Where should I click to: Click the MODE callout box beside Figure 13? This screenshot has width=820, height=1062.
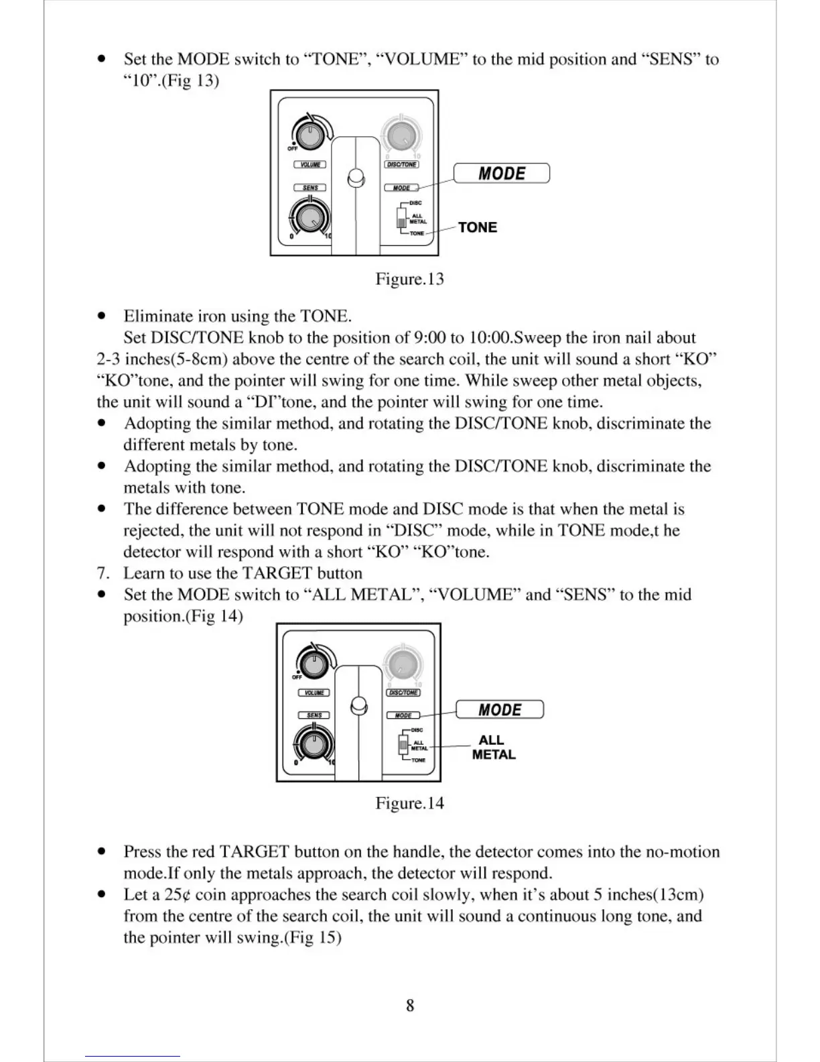[x=502, y=173]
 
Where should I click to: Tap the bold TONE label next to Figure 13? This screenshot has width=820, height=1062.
[x=478, y=227]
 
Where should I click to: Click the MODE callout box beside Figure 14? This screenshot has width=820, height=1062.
[x=500, y=709]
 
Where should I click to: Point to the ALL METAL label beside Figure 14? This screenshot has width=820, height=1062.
[x=494, y=747]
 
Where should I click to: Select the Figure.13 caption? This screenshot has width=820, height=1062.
[x=409, y=279]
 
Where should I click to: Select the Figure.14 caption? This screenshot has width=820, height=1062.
[x=409, y=803]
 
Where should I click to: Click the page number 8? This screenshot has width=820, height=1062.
[x=410, y=1005]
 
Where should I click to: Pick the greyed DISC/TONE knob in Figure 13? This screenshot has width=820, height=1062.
[x=402, y=135]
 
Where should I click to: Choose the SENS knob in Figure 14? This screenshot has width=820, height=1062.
[x=312, y=744]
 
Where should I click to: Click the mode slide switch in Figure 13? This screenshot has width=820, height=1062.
[x=402, y=219]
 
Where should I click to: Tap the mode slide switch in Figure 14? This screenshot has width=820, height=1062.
[x=403, y=745]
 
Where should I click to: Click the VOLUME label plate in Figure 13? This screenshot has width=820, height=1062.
[x=310, y=165]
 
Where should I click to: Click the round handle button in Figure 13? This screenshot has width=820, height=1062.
[x=357, y=178]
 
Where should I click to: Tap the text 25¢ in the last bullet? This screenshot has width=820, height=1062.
[x=178, y=895]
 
